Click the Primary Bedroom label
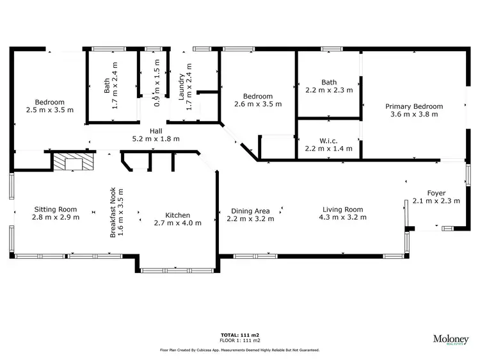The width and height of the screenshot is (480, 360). (413, 106)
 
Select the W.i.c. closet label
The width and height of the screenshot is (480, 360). (328, 141)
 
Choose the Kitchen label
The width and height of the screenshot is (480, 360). (177, 215)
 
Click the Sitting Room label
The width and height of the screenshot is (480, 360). (55, 209)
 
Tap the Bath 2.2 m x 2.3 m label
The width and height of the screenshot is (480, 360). (329, 82)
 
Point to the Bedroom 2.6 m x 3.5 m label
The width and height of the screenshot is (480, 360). (257, 96)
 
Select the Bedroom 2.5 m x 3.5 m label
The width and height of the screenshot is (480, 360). (49, 102)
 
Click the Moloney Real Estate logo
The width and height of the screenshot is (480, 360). (451, 339)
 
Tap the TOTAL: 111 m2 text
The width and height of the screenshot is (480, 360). (239, 335)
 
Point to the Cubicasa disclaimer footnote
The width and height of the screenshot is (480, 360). (239, 350)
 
